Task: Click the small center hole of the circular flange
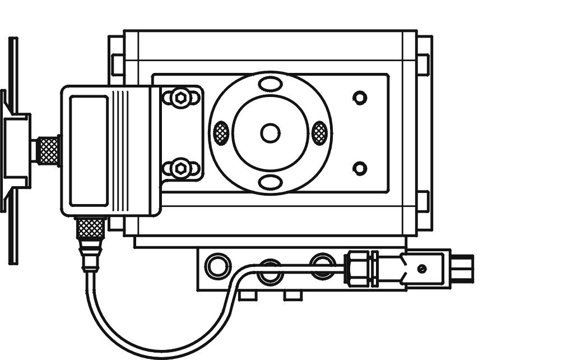coord(270,133)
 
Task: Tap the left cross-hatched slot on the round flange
coord(221,133)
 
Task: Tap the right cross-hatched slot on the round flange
coord(319,133)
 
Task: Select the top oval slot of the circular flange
coord(270,84)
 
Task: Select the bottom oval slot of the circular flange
coord(270,182)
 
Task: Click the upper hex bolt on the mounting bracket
coord(180,98)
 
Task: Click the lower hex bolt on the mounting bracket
coord(180,168)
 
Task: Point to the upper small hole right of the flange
coord(360,98)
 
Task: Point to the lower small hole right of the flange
coord(360,168)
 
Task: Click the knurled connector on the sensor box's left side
coord(48,150)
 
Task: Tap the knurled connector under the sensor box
coord(90,227)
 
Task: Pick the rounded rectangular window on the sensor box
coord(89,150)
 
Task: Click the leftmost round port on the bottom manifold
coord(218,266)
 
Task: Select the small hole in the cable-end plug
coord(422,269)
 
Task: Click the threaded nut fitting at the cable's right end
coord(357,269)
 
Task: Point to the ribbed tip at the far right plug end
coord(463,269)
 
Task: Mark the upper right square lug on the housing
coord(423,64)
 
